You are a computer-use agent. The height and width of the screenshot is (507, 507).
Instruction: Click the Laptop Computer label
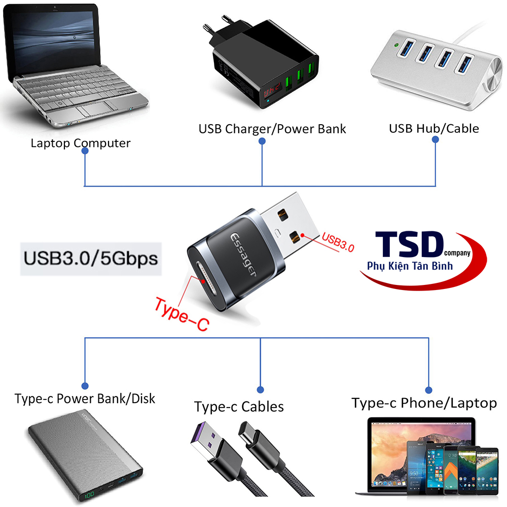[80, 143]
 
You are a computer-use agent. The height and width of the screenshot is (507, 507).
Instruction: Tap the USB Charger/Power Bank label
[272, 129]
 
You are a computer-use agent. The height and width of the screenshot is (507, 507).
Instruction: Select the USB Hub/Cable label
[433, 128]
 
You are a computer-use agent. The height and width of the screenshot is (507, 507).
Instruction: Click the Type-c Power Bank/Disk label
[85, 399]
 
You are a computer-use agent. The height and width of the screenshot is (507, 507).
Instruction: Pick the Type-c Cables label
[239, 407]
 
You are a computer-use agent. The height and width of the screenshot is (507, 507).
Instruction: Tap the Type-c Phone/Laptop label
[424, 403]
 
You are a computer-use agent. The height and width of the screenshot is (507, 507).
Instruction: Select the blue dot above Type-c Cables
[261, 389]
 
